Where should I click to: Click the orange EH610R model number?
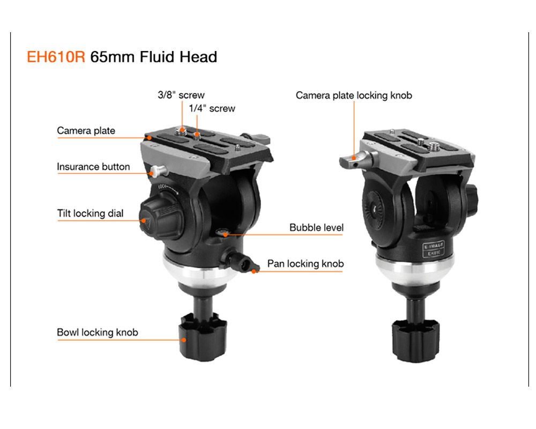click(56, 57)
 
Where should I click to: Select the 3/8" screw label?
click(181, 95)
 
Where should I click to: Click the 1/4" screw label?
click(212, 108)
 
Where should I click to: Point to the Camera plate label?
click(86, 130)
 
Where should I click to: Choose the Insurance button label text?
click(93, 167)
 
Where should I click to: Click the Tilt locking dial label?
click(90, 213)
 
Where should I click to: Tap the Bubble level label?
click(317, 227)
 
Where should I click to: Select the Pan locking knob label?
click(306, 264)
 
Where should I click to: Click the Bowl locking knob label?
click(98, 332)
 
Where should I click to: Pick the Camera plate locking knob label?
click(354, 95)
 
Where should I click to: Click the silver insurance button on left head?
click(158, 171)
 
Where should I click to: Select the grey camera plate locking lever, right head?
click(357, 160)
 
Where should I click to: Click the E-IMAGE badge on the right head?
click(434, 249)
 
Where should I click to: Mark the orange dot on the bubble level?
click(225, 235)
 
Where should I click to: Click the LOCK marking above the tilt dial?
click(162, 187)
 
